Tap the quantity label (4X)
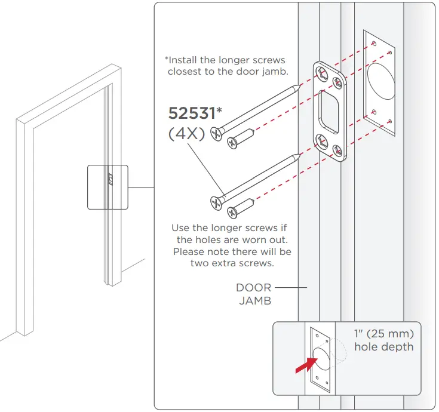(x=186, y=134)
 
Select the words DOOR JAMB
(x=254, y=294)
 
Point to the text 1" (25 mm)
(x=383, y=333)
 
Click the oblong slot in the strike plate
(x=329, y=108)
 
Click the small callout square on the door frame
(x=108, y=187)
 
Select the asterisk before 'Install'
(x=167, y=59)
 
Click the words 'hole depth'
(x=383, y=346)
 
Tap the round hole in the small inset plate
(x=321, y=356)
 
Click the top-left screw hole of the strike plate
(x=322, y=72)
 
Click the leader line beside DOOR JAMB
(x=291, y=288)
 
